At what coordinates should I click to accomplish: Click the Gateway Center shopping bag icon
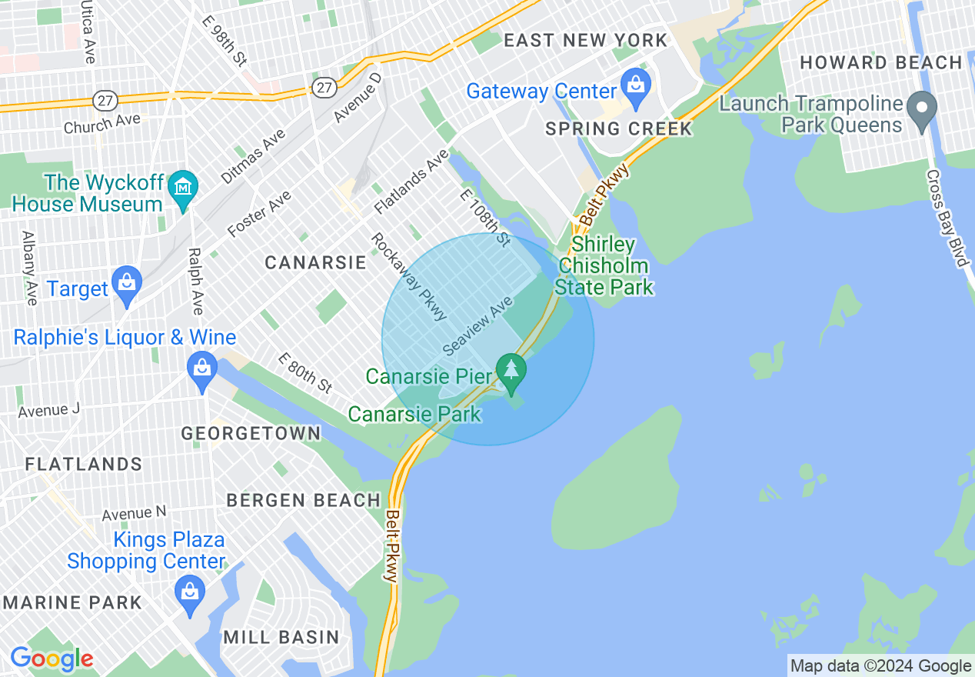635,89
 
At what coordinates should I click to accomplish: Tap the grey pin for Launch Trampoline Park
922,112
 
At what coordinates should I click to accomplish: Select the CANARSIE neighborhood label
315,262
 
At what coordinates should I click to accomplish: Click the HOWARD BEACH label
881,62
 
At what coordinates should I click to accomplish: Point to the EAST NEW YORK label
586,41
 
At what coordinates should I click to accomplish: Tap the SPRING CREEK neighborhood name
619,128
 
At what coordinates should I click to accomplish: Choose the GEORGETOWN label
251,433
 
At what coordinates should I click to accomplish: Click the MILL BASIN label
281,637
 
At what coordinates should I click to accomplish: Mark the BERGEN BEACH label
303,500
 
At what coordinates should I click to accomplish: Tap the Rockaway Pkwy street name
408,277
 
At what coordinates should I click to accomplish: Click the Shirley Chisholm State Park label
604,266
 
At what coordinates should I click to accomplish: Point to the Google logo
52,659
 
